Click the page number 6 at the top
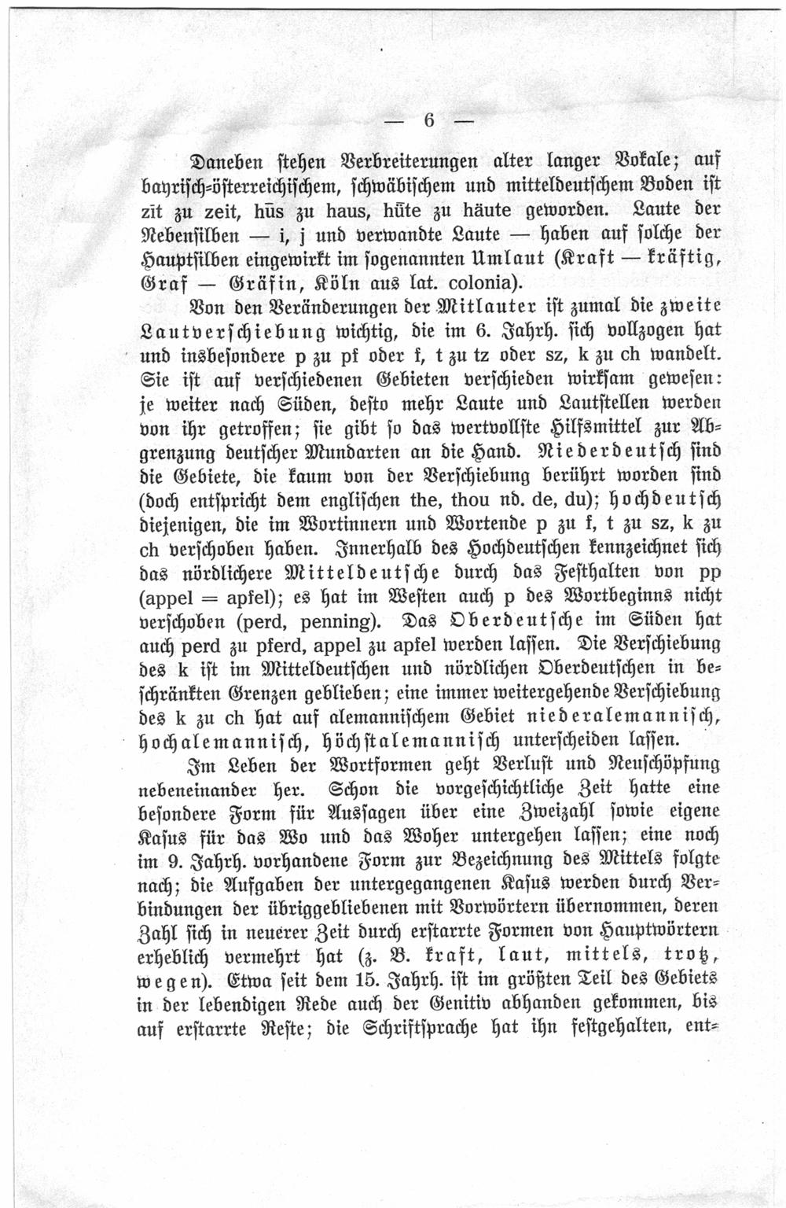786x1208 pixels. (x=429, y=120)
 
